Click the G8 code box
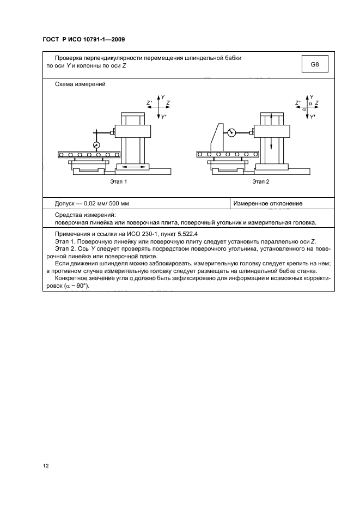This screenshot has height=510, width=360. tap(314, 65)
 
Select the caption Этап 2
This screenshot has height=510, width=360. tap(261, 181)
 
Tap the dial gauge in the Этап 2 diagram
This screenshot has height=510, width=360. tap(232, 132)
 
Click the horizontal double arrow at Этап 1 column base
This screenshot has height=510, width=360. tap(133, 167)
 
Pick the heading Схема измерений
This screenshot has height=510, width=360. tap(80, 84)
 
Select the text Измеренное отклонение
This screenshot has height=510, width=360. tap(268, 204)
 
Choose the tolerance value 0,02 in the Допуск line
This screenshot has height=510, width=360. tap(89, 204)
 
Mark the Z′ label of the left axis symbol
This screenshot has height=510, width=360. tap(149, 102)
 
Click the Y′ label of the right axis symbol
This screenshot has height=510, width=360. tap(313, 117)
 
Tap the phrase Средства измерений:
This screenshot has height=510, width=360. tap(82, 215)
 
